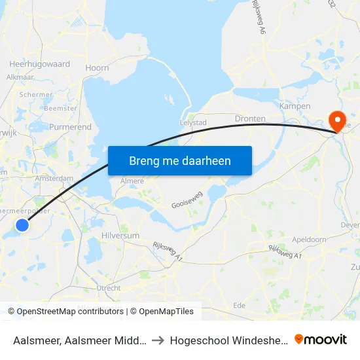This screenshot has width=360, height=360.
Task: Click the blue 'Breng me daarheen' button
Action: coord(180,160)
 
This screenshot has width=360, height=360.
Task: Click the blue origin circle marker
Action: coord(22,225)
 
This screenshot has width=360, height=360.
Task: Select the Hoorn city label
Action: coord(97,67)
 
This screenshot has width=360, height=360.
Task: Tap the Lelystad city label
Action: coord(193,122)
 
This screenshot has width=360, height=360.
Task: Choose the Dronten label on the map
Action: coord(250,118)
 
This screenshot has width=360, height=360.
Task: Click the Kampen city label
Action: coord(295,106)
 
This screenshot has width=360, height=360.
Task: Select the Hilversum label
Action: coord(120,235)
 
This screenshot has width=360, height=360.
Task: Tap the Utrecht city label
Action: coord(108,288)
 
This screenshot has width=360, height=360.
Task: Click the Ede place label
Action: coord(240,305)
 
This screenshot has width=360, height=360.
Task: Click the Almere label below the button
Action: coord(132,181)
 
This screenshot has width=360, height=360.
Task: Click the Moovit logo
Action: coord(321,340)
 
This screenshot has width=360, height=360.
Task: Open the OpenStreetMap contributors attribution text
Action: coord(66,312)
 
